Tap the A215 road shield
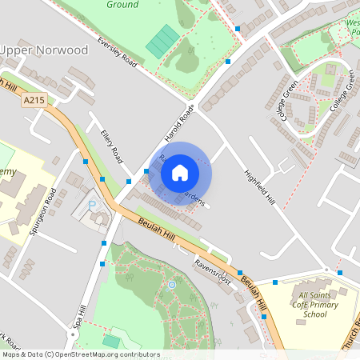click(x=34, y=100)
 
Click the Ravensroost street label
click(x=212, y=272)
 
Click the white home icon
click(x=180, y=172)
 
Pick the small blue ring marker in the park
click(x=171, y=284)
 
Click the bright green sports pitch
click(x=163, y=41)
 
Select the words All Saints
click(x=314, y=295)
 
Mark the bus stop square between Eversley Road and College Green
click(x=227, y=61)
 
